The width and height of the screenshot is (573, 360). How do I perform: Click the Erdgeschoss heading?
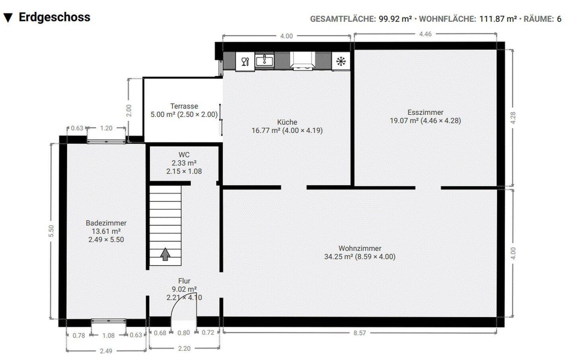tap(55, 18)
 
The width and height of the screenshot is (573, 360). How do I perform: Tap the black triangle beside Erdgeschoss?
tap(8, 18)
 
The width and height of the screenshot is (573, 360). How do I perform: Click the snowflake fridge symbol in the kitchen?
tap(341, 61)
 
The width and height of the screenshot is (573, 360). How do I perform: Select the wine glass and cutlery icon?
tap(245, 61)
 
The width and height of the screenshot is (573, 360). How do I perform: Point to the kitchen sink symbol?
tap(265, 60)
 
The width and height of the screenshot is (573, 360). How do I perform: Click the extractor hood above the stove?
tap(302, 61)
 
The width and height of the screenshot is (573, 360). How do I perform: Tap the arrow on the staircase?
tap(165, 254)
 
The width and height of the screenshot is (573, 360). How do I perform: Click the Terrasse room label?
tap(184, 106)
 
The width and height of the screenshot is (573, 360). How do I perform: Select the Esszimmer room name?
tap(425, 112)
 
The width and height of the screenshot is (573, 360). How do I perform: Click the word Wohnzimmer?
tap(360, 248)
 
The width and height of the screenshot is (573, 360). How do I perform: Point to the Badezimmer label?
tap(106, 223)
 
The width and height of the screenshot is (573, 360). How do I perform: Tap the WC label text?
tap(184, 155)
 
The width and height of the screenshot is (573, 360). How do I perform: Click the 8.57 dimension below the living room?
tap(360, 333)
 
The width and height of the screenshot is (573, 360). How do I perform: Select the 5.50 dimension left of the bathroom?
tap(51, 231)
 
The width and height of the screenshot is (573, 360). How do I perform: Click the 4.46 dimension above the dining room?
tap(425, 34)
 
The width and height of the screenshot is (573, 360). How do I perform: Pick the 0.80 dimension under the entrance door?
tap(184, 333)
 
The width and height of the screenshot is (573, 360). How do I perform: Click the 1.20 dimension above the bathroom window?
tap(106, 128)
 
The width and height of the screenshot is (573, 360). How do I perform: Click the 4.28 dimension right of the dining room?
tap(513, 118)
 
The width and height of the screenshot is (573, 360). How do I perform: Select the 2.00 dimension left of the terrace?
tap(129, 111)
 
